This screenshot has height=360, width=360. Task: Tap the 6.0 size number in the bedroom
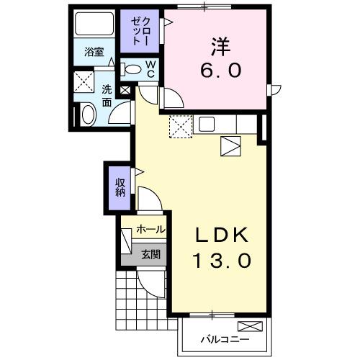pos(220,71)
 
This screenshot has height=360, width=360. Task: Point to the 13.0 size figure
pos(222,261)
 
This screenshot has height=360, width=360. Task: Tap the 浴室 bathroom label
pos(94,52)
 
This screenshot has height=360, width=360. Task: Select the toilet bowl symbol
pos(132,69)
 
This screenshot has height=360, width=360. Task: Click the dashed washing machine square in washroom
pos(86,82)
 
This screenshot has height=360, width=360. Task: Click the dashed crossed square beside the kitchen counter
pos(179,127)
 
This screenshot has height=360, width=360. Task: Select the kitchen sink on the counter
pos(207,124)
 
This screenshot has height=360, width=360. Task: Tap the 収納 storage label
pos(120,187)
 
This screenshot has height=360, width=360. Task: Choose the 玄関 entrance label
pos(150,253)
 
